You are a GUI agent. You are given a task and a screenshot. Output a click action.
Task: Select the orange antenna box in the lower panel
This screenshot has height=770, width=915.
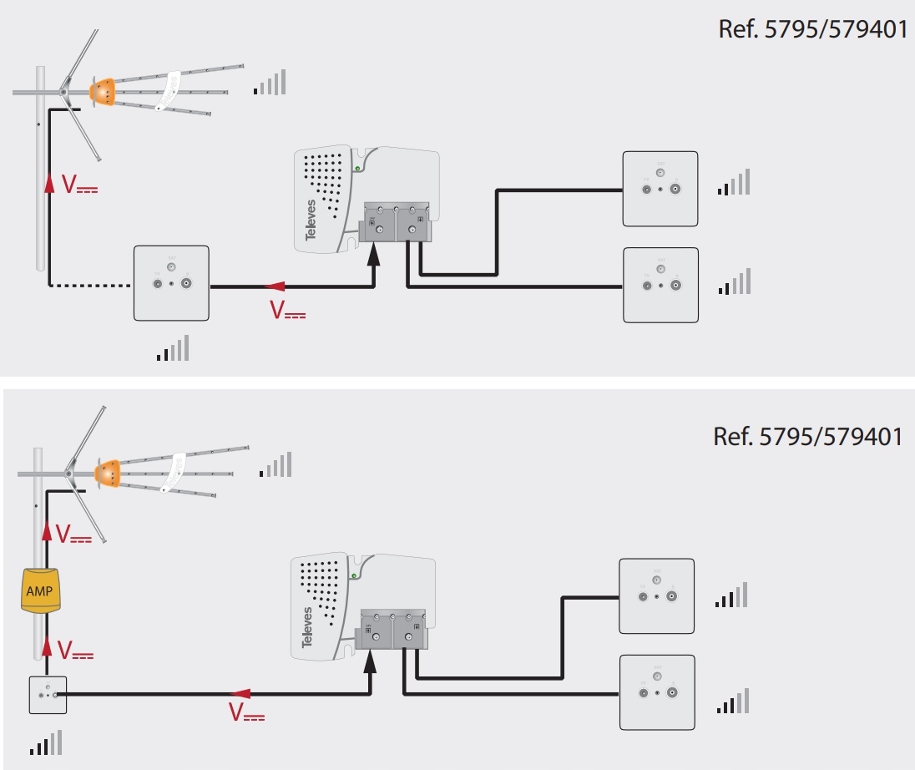tap(109, 473)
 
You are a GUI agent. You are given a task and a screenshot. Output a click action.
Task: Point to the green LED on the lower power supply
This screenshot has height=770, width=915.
tap(354, 575)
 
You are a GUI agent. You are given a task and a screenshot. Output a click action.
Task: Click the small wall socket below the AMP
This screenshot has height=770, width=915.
tap(47, 694)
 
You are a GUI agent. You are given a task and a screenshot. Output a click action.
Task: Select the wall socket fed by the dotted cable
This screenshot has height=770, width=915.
tap(171, 283)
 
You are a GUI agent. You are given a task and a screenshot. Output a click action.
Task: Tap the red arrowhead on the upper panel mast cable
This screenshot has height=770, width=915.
tap(49, 182)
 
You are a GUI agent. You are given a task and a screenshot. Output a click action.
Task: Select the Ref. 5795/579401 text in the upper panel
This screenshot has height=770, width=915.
tap(811, 29)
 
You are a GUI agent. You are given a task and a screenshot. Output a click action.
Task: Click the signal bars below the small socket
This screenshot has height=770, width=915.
tap(46, 742)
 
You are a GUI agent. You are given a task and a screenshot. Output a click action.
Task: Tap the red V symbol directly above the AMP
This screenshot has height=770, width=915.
tap(70, 534)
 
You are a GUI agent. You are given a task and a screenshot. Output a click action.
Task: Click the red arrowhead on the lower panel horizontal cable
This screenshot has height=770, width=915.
tap(240, 693)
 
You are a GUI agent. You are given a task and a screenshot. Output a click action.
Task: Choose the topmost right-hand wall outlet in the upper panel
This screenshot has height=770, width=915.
tap(660, 189)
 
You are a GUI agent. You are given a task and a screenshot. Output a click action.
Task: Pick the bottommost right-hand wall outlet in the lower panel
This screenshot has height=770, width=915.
tap(657, 691)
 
